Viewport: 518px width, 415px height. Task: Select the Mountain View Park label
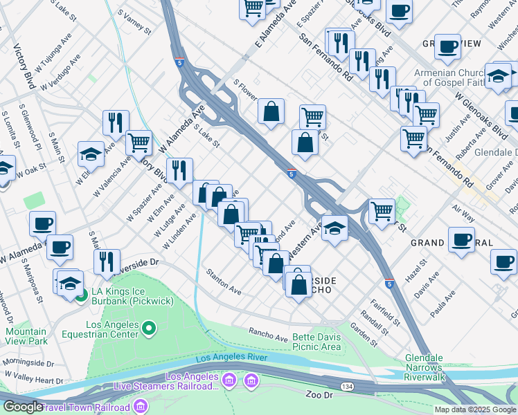click(x=26, y=336)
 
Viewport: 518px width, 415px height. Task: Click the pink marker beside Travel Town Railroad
click(x=141, y=405)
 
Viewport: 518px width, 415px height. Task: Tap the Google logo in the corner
click(x=22, y=407)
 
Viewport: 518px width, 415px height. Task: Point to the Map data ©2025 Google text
click(x=474, y=409)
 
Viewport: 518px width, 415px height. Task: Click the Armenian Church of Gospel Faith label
click(x=452, y=78)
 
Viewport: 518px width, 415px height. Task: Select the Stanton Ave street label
click(x=223, y=282)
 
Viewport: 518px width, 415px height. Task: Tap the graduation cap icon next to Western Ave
click(x=334, y=230)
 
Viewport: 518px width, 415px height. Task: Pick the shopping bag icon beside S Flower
click(x=271, y=110)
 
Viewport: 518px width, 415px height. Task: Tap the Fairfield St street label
click(x=384, y=311)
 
